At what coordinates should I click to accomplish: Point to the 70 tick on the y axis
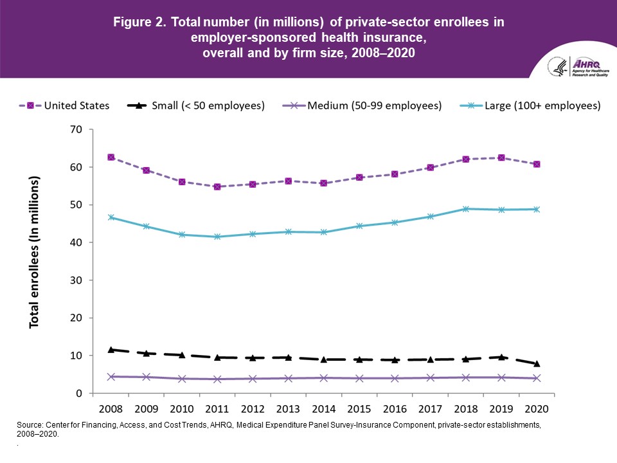(76, 130)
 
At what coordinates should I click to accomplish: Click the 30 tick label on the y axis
(76, 280)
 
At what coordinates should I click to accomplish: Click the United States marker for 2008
(111, 158)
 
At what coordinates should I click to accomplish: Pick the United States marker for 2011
(217, 186)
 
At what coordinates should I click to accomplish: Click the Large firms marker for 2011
(217, 237)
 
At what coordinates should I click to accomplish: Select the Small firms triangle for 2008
(111, 349)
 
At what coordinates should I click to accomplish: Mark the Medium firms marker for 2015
(359, 378)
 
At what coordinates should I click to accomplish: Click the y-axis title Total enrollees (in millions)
(35, 252)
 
